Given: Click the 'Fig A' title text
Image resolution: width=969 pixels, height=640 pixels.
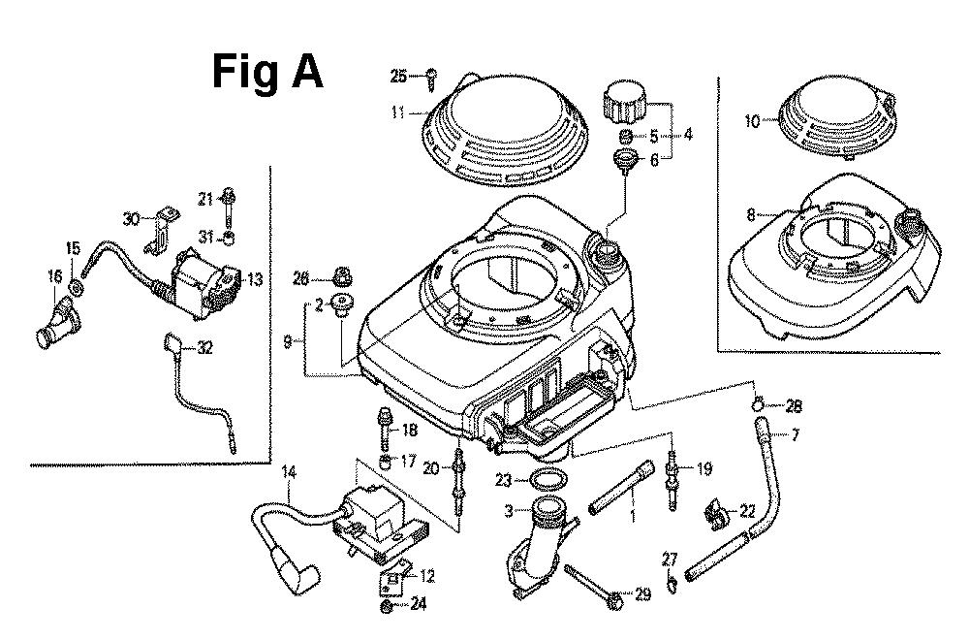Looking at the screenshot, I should [x=268, y=71].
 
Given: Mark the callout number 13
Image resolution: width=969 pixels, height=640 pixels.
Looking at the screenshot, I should [x=255, y=280].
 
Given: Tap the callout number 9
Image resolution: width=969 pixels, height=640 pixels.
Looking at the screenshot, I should [x=288, y=340].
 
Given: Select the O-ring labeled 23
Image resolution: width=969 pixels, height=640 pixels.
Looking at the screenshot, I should [x=548, y=479].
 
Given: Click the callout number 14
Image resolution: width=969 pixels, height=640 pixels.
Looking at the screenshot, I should [x=288, y=472].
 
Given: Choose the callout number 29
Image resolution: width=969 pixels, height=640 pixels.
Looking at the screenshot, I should [x=643, y=592].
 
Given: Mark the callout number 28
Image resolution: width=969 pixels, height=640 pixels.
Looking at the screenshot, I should [x=795, y=404].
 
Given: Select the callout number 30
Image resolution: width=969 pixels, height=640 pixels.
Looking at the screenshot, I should [x=132, y=218].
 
